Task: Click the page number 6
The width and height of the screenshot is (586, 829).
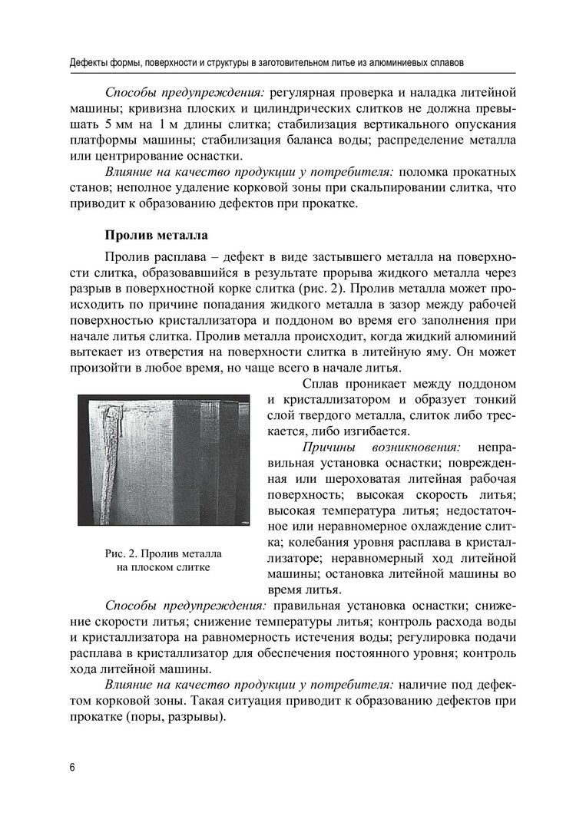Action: [x=71, y=768]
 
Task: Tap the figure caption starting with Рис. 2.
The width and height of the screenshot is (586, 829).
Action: [x=163, y=560]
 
